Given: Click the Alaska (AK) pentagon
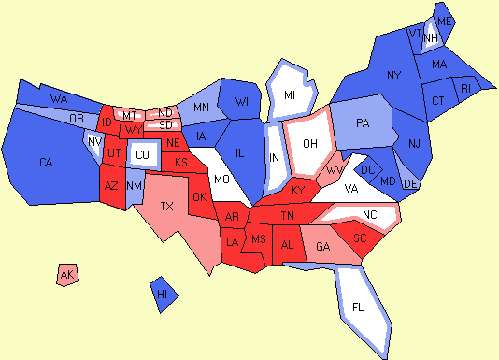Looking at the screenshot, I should coord(67,275).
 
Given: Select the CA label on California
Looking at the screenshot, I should coord(46,163).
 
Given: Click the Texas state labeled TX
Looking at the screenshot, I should coord(167,206).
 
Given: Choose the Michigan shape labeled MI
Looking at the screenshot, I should coord(291,95).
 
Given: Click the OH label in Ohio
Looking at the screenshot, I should coord(311,143).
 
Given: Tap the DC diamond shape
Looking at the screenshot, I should coord(368,169).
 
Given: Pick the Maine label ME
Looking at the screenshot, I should coord(445,21).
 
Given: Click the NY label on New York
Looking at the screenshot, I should coord(393,75).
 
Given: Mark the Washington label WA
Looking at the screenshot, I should coord(58,98).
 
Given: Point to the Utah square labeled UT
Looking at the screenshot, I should coord(113,152).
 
